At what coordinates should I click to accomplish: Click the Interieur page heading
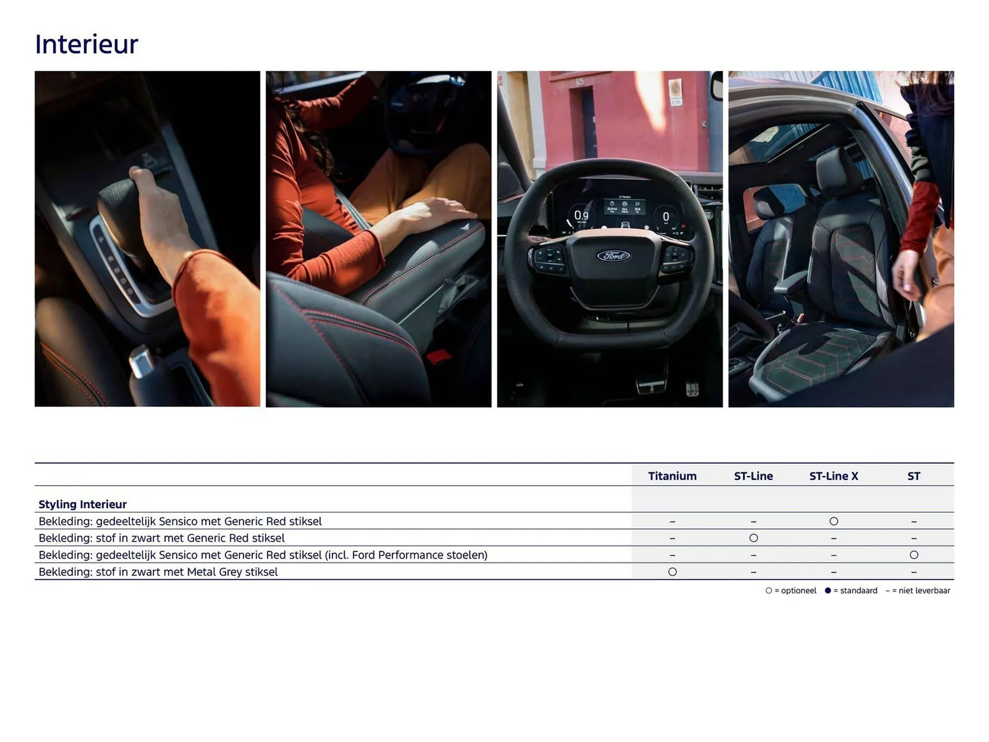(87, 44)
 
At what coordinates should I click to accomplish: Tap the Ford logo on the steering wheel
(613, 256)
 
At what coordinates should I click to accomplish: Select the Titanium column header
(672, 476)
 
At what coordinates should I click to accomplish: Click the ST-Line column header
(753, 476)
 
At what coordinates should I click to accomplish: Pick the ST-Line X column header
(833, 476)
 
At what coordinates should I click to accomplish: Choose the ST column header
(913, 476)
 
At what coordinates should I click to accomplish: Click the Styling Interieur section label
(82, 504)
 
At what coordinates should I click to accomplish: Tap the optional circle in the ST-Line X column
(833, 521)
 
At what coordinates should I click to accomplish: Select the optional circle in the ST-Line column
(753, 538)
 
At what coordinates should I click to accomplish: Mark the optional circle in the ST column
(914, 555)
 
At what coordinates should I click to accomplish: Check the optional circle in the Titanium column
(672, 572)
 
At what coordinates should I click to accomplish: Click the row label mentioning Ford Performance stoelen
(263, 555)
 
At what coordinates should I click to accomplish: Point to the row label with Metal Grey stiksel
(158, 572)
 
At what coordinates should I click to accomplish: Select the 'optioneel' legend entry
(791, 591)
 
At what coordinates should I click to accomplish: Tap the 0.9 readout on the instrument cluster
(581, 215)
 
